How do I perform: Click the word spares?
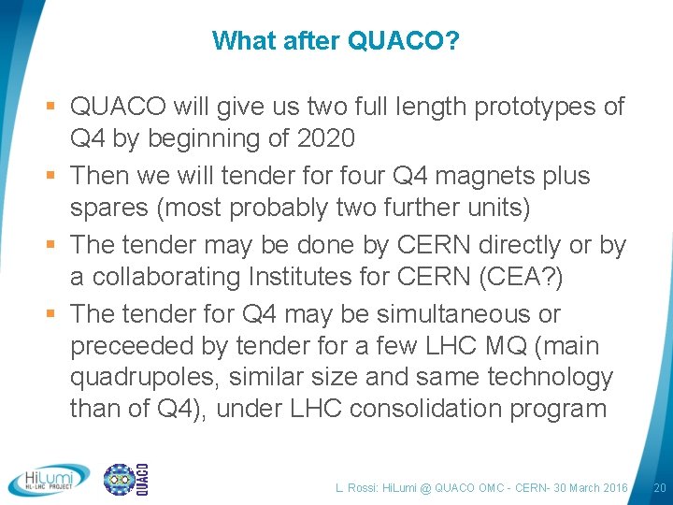107,207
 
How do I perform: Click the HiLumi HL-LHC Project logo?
49,480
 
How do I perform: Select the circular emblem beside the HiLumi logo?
119,479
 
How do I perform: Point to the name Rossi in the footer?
364,487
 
